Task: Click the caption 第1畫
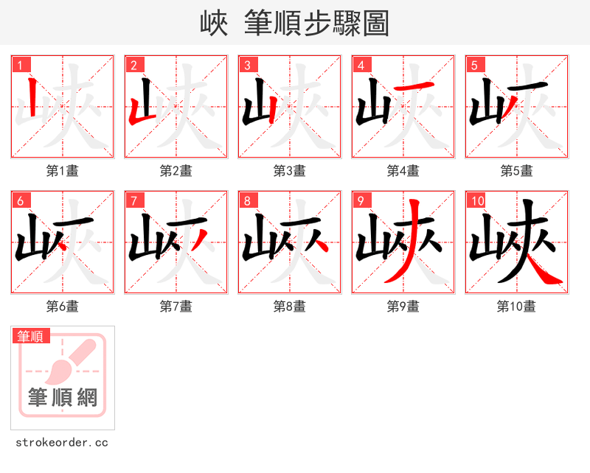63,171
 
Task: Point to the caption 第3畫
290,171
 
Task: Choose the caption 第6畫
63,306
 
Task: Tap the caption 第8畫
290,306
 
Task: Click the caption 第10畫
516,306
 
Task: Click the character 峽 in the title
214,24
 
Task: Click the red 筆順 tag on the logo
32,336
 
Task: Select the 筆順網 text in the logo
63,398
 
